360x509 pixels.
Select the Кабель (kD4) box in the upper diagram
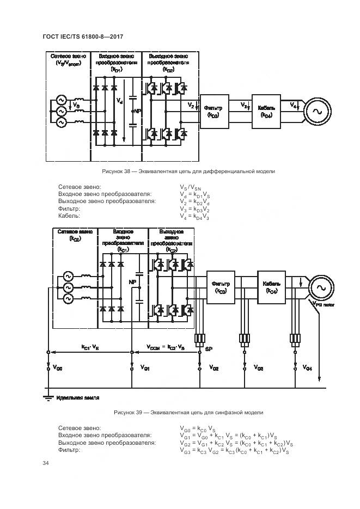266,111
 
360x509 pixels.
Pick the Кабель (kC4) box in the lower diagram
271,287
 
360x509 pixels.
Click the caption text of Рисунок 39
188,412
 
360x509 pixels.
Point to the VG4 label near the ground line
307,369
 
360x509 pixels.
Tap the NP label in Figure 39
132,282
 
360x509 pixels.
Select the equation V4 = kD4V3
194,216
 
